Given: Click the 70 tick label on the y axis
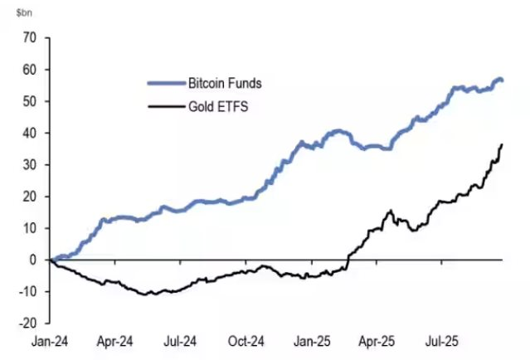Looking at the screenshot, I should pyautogui.click(x=30, y=38).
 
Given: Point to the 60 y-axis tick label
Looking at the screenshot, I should pyautogui.click(x=30, y=70).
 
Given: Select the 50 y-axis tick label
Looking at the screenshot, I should pyautogui.click(x=30, y=101).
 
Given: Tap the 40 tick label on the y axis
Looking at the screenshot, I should pyautogui.click(x=30, y=133).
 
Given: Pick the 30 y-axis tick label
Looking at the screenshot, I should pyautogui.click(x=30, y=164).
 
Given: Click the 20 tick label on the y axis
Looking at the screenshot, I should pyautogui.click(x=30, y=197).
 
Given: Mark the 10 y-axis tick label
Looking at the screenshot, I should pyautogui.click(x=30, y=228).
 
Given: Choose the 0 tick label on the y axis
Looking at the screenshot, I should pyautogui.click(x=33, y=260).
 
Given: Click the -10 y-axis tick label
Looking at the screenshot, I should pyautogui.click(x=28, y=291).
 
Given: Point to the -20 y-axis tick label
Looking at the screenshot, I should pyautogui.click(x=28, y=323).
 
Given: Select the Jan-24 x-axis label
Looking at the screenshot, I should pyautogui.click(x=51, y=340).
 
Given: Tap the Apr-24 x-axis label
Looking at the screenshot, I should pyautogui.click(x=115, y=340).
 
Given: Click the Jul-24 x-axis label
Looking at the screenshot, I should pyautogui.click(x=180, y=340).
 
